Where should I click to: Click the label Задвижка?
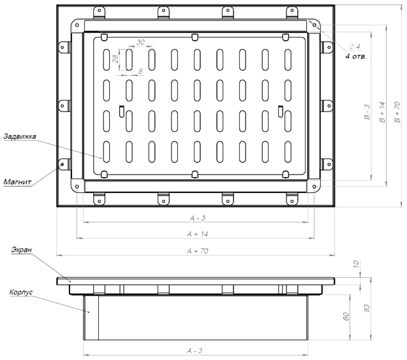click(20, 136)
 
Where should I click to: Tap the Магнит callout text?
click(17, 182)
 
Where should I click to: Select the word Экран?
click(22, 250)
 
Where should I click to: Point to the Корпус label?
click(21, 292)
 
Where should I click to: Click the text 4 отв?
click(356, 56)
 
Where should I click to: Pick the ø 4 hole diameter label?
click(355, 47)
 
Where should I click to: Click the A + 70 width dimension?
click(198, 251)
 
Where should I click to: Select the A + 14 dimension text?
click(198, 234)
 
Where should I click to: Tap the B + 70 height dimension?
click(397, 112)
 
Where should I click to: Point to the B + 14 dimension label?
click(382, 112)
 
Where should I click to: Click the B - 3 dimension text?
click(367, 112)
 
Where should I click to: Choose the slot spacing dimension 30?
click(140, 42)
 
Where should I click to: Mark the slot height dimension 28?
click(115, 59)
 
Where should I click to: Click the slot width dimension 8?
click(140, 71)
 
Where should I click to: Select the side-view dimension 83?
click(367, 308)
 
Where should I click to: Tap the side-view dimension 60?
click(346, 316)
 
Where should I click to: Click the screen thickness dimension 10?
click(356, 264)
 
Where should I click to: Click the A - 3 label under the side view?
click(195, 351)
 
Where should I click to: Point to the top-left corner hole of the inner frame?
click(77, 25)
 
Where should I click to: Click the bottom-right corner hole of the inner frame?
click(314, 187)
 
